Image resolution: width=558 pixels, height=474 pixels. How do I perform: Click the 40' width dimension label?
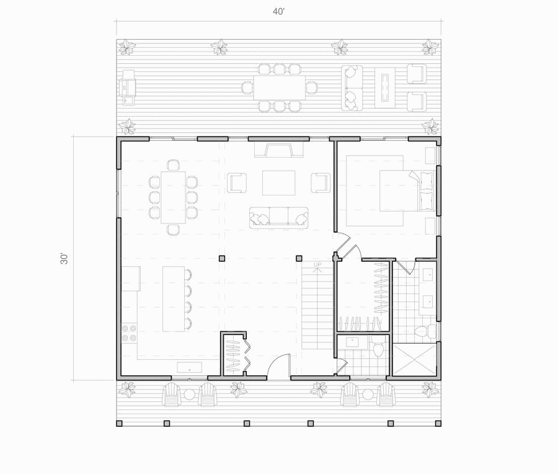tap(278, 12)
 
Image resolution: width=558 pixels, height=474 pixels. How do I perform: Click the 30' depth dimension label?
tap(64, 259)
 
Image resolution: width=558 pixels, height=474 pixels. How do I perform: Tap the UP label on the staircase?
tap(317, 264)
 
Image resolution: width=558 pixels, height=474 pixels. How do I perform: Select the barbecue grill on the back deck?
tap(127, 87)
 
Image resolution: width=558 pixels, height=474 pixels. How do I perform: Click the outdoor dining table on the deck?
tap(280, 87)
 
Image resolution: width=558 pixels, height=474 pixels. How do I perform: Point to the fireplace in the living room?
tap(279, 150)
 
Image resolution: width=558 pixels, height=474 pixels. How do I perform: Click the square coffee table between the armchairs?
tap(278, 182)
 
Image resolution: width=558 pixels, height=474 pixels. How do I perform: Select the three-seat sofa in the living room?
tap(278, 218)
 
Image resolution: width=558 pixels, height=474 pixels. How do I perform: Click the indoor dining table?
tap(174, 197)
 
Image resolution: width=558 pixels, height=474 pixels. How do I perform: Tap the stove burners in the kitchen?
tap(129, 333)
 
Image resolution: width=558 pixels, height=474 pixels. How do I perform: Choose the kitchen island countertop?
tap(174, 299)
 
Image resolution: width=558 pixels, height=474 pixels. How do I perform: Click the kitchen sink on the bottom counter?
tap(189, 367)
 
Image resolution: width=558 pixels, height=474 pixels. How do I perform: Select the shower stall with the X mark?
tap(414, 360)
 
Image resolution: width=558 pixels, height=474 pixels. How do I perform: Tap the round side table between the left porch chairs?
tap(189, 395)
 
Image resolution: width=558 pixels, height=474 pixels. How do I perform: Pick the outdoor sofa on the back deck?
tap(352, 87)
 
